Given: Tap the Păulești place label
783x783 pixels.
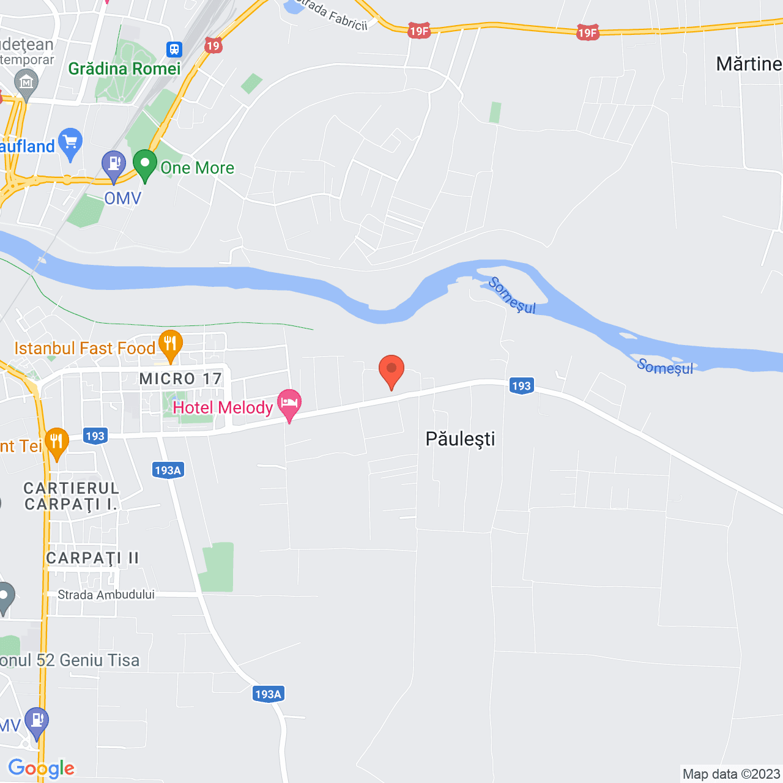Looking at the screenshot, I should tap(460, 439).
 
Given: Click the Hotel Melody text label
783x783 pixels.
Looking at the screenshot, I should tap(223, 407).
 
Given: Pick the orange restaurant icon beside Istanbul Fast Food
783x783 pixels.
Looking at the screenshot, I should tap(170, 345).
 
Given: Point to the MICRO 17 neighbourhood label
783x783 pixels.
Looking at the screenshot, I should tap(180, 379).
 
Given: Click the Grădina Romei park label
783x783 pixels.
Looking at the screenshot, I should tap(124, 69).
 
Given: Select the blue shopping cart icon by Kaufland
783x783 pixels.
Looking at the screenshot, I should tap(70, 143).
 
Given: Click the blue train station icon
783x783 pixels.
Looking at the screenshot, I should tap(174, 49).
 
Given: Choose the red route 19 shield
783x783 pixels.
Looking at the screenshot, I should tap(213, 46).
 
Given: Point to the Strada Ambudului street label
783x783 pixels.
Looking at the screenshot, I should tap(106, 595).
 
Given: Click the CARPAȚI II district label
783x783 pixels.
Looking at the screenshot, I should tap(92, 558).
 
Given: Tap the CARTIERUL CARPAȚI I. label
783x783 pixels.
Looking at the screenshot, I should tap(71, 496).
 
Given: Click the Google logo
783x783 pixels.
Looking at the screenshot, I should tap(41, 768).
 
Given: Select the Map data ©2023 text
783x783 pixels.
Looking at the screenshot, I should tap(731, 774).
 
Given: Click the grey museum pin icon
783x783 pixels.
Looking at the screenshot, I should tap(26, 83).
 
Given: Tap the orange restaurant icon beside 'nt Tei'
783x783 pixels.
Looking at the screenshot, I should tap(56, 442).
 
